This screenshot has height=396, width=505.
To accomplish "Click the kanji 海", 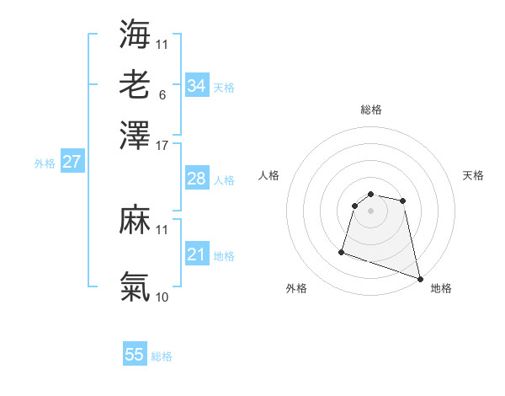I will tap(135, 34).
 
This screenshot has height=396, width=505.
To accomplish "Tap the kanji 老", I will tap(135, 84).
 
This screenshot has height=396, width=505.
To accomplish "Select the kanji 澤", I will tap(135, 135).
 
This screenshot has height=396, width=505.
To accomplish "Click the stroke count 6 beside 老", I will tap(162, 94).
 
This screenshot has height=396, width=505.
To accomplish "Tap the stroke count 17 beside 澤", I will tap(162, 145).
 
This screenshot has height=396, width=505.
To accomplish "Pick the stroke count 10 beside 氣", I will tap(162, 297).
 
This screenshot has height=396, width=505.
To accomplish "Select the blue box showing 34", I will tap(196, 86).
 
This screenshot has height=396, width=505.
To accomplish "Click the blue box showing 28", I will tap(196, 179).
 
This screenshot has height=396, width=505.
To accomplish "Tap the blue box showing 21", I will tap(196, 254).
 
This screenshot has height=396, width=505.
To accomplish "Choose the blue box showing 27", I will tap(72, 162).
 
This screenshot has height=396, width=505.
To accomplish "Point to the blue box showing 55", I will tap(135, 355).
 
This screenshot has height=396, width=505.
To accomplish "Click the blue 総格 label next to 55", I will tap(162, 356).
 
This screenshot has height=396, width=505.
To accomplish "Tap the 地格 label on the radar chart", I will tap(441, 289).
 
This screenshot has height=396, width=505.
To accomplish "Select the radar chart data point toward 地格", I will tap(420, 278).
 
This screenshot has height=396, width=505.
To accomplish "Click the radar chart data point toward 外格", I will tap(342, 251).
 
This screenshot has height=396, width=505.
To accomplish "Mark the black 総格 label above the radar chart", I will tap(370, 110).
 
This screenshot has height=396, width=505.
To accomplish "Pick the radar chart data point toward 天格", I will tap(403, 201).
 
